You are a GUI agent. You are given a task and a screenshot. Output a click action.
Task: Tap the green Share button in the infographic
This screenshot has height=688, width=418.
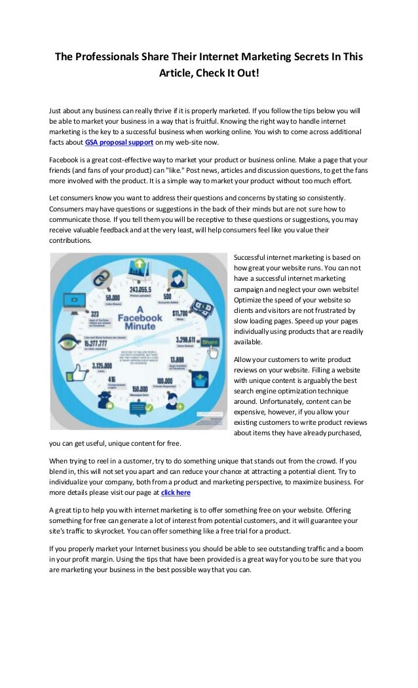(x=210, y=341)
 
